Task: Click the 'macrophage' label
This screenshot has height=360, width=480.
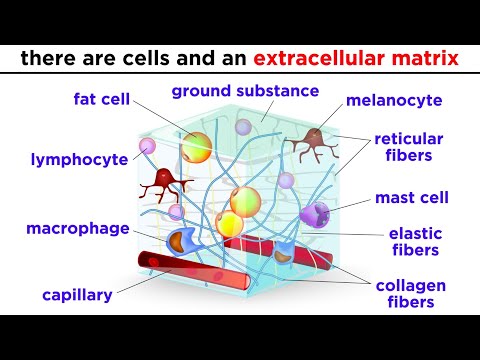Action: coord(78,229)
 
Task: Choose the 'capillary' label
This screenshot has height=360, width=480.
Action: coord(76,295)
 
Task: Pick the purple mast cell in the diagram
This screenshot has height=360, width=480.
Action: coord(313,214)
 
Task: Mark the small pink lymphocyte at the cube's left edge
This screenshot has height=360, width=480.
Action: coord(149,147)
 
